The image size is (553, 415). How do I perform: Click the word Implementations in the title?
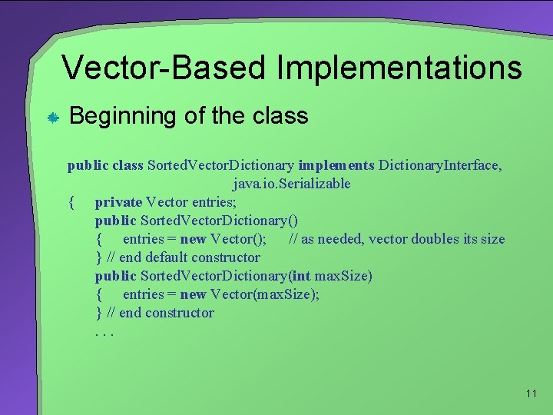pos(399,68)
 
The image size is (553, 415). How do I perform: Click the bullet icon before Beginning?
pos(53,117)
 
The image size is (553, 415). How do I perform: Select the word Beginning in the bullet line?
pos(123,116)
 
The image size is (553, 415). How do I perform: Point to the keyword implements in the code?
pos(336,165)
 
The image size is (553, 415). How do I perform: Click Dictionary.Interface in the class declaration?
pos(440,165)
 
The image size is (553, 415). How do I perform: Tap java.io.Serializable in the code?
pos(292,184)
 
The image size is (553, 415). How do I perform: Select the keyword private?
pos(118,202)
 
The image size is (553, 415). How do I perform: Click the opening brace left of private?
pos(71,202)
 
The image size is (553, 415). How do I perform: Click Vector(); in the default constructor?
pos(238,239)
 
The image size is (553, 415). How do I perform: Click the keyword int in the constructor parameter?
pos(301,276)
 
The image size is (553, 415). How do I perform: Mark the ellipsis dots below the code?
pos(104,332)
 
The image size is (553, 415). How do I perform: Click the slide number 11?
pos(531,394)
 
